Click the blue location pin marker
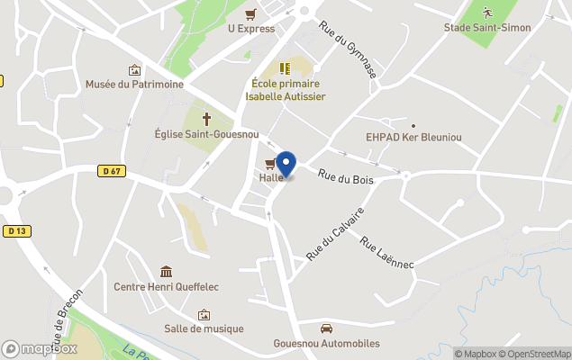286,165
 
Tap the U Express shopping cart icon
250,13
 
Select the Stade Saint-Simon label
486,28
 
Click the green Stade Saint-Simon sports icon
487,13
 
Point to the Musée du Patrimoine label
134,85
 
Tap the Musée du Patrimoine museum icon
134,69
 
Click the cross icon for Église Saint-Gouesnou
206,118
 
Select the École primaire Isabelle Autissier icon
285,67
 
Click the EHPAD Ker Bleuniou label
413,139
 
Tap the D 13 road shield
16,231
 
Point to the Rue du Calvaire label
334,234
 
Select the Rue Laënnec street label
386,253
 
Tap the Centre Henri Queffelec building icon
166,272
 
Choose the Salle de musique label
204,329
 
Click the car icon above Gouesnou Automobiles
326,328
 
